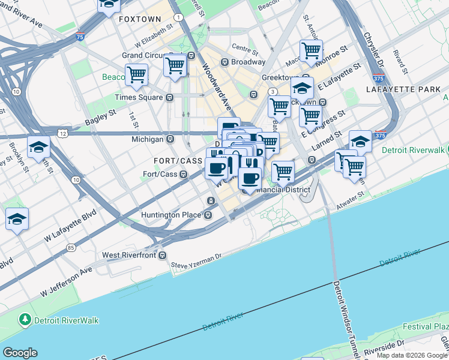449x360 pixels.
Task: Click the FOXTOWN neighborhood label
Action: click(140, 19)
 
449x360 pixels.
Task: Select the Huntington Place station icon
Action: click(208, 215)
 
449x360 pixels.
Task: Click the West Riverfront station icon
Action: click(163, 255)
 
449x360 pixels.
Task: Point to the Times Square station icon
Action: click(170, 97)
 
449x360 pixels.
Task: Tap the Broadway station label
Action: click(249, 62)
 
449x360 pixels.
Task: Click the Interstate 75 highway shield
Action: click(80, 37)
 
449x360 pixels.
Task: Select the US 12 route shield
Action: click(62, 131)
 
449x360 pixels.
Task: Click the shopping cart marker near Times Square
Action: click(136, 75)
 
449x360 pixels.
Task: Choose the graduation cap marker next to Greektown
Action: click(302, 88)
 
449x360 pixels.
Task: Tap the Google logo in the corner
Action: click(20, 353)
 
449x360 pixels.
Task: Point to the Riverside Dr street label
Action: click(396, 346)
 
